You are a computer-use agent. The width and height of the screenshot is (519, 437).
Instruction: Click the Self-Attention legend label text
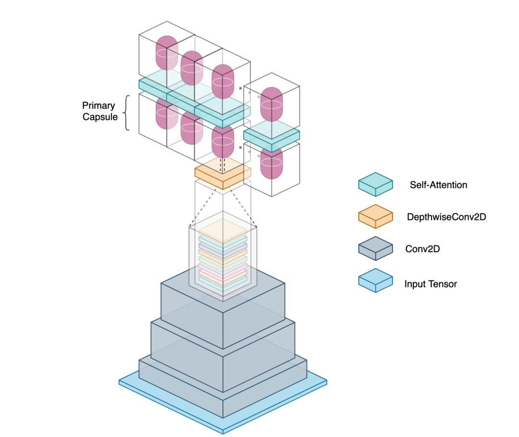point(438,185)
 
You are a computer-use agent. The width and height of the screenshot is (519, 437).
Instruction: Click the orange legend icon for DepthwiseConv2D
point(375,216)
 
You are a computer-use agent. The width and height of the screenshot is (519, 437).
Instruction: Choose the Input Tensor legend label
point(431,284)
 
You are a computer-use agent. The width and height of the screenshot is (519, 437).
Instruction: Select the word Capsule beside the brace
point(100,116)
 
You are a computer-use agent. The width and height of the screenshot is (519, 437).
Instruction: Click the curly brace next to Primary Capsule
point(127,113)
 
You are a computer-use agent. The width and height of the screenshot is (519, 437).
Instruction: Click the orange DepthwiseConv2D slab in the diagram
point(223,174)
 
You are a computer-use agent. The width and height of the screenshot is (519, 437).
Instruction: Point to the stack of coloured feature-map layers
point(223,255)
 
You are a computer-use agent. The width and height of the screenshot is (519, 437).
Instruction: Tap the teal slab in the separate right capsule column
point(272,133)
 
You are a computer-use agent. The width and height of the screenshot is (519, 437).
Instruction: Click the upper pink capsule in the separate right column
point(272,104)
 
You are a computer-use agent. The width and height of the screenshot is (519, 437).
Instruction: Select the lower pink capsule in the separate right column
point(272,163)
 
